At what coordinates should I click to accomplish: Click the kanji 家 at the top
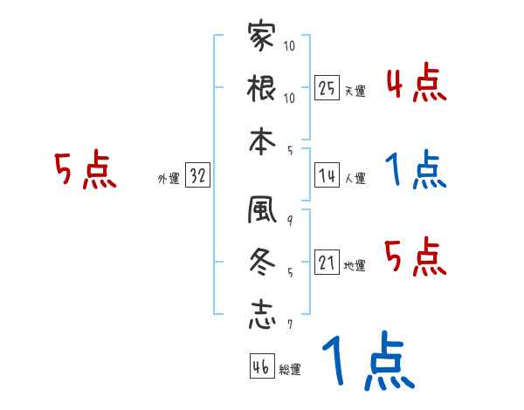[x=261, y=37]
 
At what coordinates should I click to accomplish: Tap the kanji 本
[x=261, y=137]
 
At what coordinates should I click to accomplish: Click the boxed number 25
[x=327, y=87]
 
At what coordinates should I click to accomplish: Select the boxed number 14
[x=327, y=175]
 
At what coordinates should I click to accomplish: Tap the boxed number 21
[x=327, y=262]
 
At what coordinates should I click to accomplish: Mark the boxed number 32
[x=197, y=176]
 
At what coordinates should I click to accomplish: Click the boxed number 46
[x=260, y=366]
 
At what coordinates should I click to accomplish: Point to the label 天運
[x=355, y=91]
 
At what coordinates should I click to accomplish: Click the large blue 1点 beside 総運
[x=366, y=362]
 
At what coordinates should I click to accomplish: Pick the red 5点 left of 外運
[x=85, y=169]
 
